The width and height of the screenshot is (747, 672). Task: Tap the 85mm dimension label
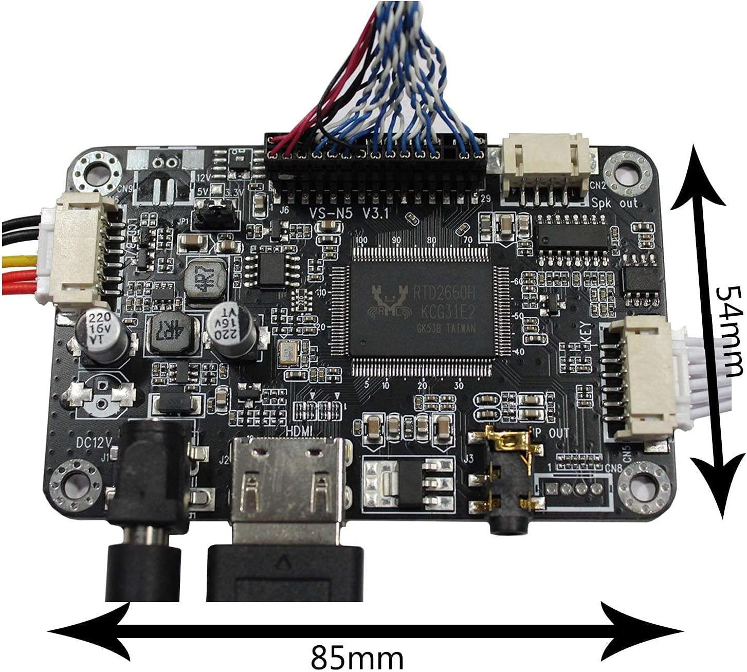(357, 657)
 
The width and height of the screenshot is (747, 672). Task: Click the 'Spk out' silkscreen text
(615, 203)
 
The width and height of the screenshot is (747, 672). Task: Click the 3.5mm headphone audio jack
(506, 481)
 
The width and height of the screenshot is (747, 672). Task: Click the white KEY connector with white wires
(640, 378)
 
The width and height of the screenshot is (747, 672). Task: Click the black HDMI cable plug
(285, 571)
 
